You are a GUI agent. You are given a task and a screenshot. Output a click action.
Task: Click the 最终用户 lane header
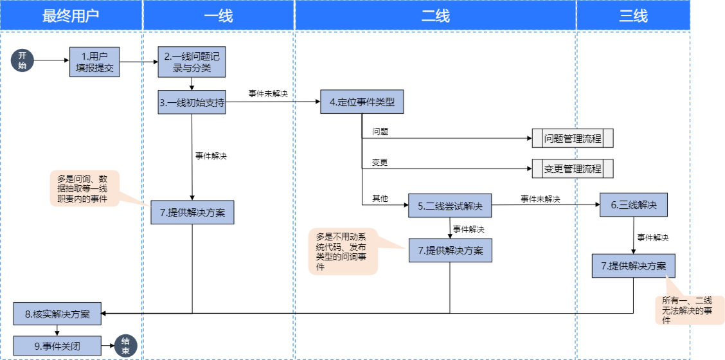pos(71,16)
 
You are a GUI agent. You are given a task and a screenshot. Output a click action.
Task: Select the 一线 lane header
pos(219,16)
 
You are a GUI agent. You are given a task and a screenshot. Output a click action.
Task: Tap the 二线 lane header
pos(435,16)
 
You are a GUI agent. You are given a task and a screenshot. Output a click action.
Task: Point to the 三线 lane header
pos(633,16)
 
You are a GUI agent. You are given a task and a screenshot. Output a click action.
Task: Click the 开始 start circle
pos(22,60)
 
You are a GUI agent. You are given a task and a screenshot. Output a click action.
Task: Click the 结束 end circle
pos(125,345)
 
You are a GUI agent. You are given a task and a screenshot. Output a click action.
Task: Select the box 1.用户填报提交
pos(95,62)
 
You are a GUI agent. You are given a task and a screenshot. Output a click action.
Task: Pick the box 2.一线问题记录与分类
pos(192,62)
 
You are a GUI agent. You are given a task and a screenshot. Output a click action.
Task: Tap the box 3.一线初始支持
pos(192,102)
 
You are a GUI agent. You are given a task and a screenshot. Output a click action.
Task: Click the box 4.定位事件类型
pos(362,102)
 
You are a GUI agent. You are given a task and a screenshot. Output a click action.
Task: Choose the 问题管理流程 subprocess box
pos(573,138)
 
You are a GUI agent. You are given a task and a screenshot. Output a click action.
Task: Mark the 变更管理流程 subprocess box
pos(573,169)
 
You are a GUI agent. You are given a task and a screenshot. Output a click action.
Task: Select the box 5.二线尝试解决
pos(450,206)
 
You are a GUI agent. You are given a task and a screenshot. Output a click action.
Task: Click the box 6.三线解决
pos(634,206)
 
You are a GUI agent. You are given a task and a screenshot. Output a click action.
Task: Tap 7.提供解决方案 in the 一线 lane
pos(192,213)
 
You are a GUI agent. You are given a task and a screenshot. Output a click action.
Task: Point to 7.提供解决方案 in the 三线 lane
pos(633,266)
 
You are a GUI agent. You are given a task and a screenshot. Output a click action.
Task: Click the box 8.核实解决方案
pos(57,314)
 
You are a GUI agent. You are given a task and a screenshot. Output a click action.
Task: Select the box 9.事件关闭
pos(57,346)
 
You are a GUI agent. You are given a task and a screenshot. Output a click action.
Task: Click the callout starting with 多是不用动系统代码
pos(342,251)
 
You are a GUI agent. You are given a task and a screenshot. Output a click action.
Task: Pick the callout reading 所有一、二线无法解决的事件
pos(686,310)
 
